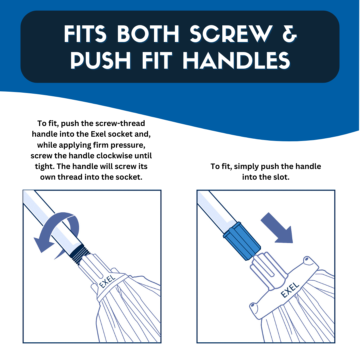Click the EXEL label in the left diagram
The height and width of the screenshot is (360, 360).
(x=107, y=281)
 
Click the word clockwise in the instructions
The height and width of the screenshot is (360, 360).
(x=117, y=156)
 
